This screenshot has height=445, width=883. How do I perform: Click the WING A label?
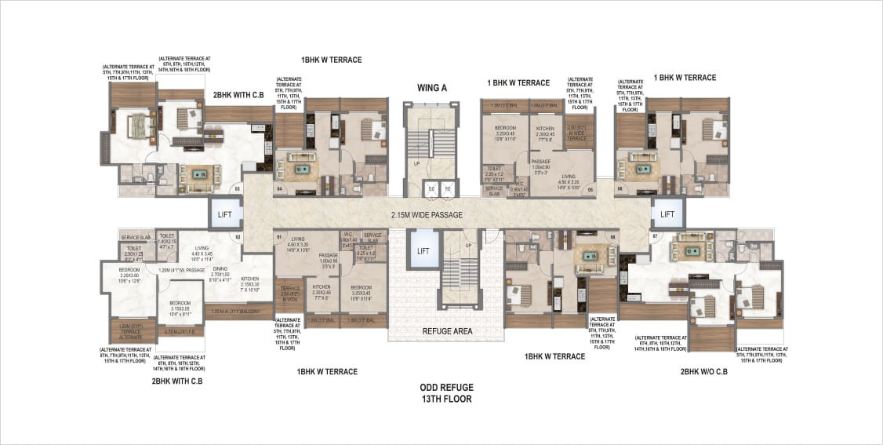[x=432, y=88]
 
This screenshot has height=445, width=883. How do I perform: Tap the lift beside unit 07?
[x=667, y=214]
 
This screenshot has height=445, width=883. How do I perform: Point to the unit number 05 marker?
[x=590, y=189]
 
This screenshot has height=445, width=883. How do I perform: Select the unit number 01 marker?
[x=278, y=235]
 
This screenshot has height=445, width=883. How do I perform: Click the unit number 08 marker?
[x=613, y=235]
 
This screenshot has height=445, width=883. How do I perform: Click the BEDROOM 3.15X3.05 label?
[x=179, y=307]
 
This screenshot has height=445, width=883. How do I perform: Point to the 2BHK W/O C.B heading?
[x=703, y=371]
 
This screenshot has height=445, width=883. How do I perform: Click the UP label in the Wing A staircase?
[x=417, y=163]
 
